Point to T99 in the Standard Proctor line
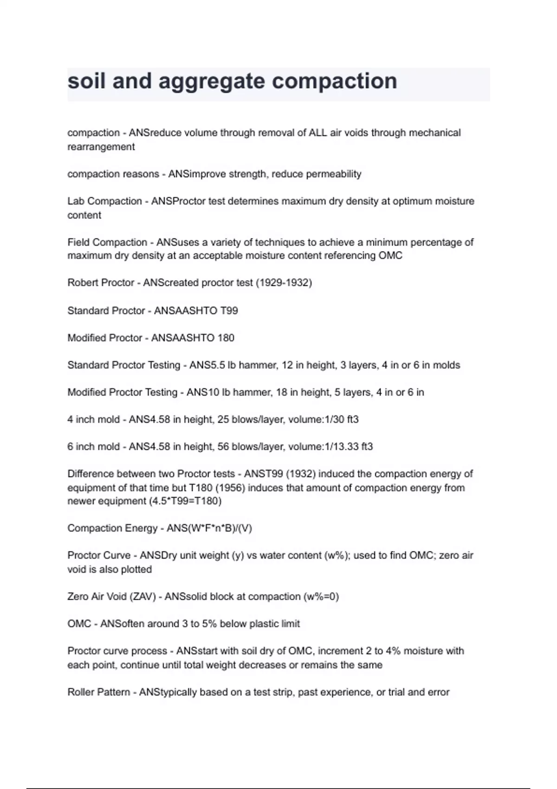229,310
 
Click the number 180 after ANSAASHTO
226,338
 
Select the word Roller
82,692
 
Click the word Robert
82,283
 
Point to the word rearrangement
101,147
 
